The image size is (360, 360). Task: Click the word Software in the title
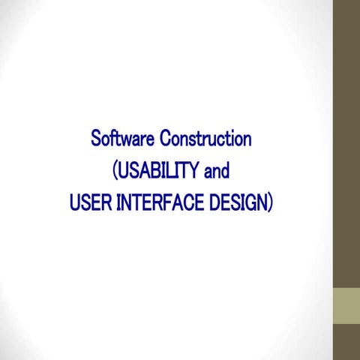click(x=122, y=139)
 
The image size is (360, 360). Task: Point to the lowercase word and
click(x=216, y=171)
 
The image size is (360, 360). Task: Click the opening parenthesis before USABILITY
click(x=114, y=172)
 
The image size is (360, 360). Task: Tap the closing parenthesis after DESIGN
click(x=270, y=203)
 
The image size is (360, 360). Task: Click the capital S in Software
click(x=95, y=139)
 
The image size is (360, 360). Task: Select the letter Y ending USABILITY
click(x=195, y=171)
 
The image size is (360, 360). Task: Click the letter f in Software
click(x=115, y=139)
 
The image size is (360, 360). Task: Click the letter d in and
click(x=224, y=171)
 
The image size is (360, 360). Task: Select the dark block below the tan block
click(x=346, y=342)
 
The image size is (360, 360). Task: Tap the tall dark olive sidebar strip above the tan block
click(x=346, y=142)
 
